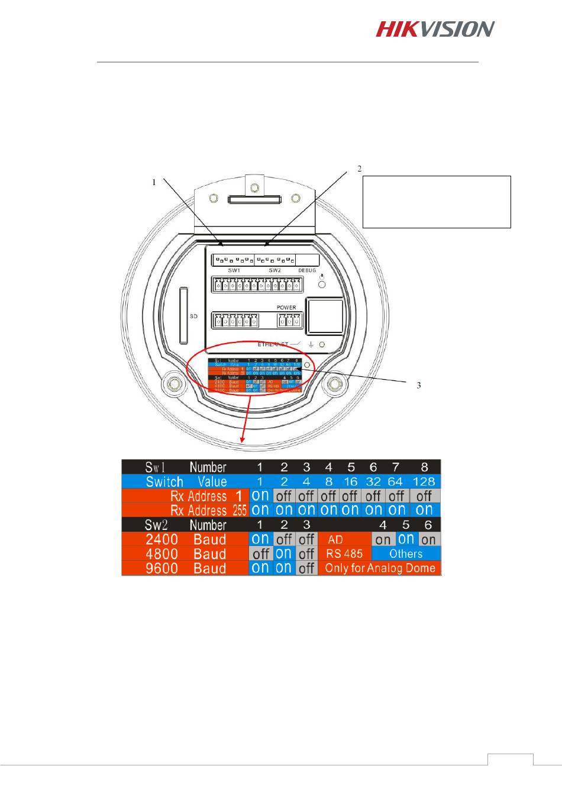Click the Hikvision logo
435,29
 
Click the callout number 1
154,183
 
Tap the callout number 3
419,385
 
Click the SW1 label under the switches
235,270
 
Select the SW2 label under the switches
275,270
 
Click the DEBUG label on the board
307,270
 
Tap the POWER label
286,308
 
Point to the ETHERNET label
273,344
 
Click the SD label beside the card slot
193,316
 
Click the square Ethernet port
324,316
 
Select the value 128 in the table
424,481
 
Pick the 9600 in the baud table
162,568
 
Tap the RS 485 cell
344,554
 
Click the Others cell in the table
406,554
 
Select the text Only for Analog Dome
380,568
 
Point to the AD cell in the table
335,540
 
